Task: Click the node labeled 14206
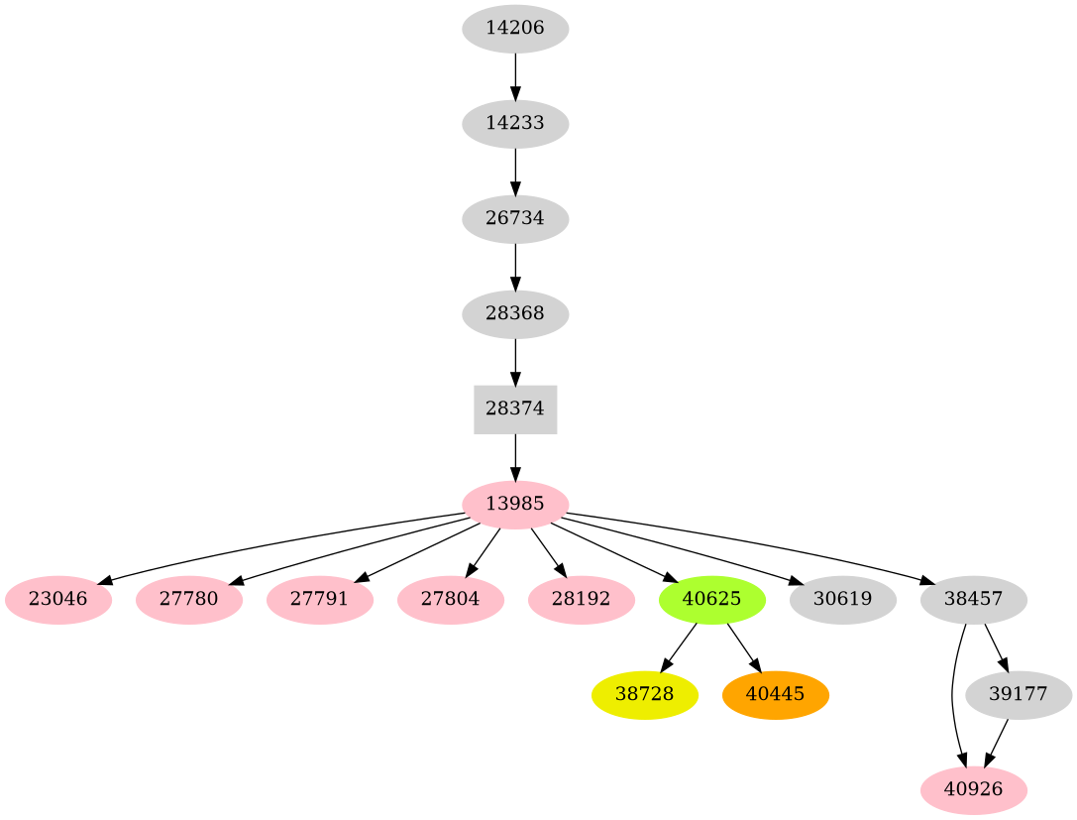(514, 29)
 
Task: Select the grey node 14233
(514, 124)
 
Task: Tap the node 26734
(514, 219)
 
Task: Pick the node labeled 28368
(514, 314)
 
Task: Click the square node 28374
(514, 409)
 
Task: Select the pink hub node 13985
(514, 504)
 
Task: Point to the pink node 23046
(57, 600)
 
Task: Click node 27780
(188, 600)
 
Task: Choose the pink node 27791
(319, 600)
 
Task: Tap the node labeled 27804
(450, 600)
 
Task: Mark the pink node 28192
(581, 600)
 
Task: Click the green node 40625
(711, 600)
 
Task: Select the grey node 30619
(842, 600)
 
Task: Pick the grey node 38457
(973, 600)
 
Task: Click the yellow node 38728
(645, 695)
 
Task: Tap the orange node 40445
(776, 695)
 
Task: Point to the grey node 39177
(1019, 695)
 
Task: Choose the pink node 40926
(973, 790)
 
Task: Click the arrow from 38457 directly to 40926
(952, 694)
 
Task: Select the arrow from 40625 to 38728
(679, 646)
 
